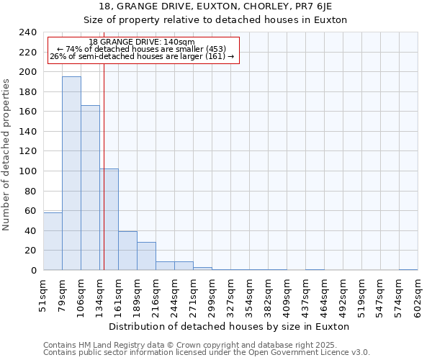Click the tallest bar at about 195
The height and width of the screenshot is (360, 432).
pyautogui.click(x=71, y=173)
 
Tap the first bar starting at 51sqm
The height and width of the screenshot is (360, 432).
pyautogui.click(x=53, y=241)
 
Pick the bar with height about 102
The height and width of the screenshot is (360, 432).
pyautogui.click(x=109, y=220)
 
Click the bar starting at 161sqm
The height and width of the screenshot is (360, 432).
pyautogui.click(x=127, y=251)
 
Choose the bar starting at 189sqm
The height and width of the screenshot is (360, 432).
pyautogui.click(x=146, y=256)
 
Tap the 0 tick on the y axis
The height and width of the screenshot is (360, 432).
pyautogui.click(x=34, y=271)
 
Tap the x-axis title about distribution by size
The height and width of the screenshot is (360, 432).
pyautogui.click(x=230, y=326)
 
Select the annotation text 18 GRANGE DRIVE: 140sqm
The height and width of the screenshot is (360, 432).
pyautogui.click(x=142, y=42)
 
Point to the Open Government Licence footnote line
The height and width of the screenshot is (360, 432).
pyautogui.click(x=207, y=353)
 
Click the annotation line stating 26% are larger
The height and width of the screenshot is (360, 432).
pyautogui.click(x=142, y=56)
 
